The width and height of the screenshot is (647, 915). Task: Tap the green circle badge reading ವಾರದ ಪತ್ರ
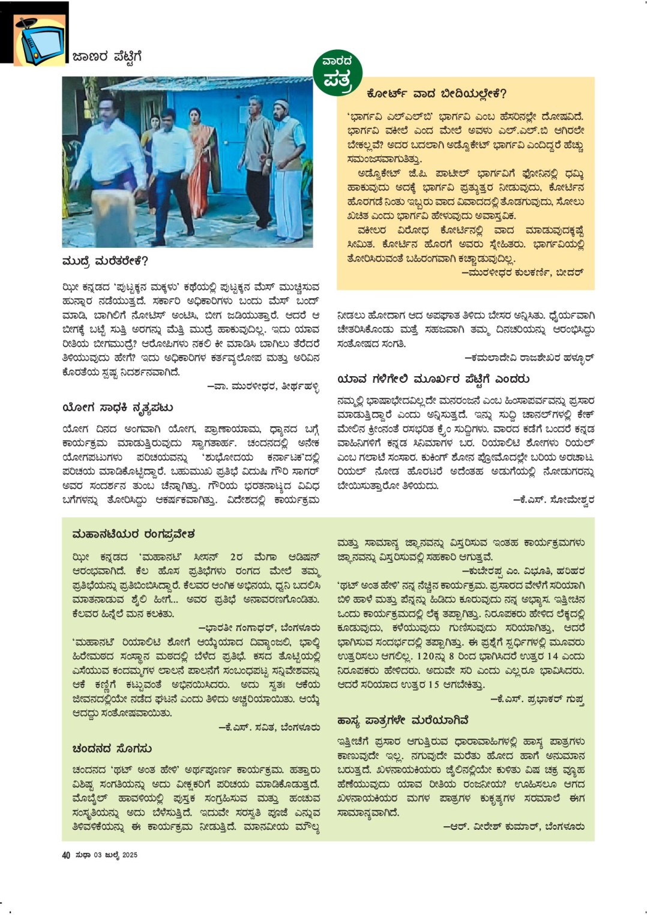pos(337,73)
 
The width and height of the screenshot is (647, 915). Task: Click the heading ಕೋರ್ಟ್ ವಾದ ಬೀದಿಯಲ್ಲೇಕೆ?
pos(436,94)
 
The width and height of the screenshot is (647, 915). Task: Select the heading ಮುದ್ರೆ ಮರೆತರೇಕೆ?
pos(105,262)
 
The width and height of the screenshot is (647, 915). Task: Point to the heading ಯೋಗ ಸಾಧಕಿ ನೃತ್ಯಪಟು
pos(118,408)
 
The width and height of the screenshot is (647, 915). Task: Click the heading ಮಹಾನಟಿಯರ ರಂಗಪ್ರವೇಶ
pos(133,535)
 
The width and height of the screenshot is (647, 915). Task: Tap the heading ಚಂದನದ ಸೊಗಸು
pos(112,749)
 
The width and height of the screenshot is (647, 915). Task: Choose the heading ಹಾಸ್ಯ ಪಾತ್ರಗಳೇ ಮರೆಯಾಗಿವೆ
pos(403,720)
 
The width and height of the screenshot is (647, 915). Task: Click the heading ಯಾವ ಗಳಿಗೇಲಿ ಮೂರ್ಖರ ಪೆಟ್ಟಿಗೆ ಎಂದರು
pos(433,379)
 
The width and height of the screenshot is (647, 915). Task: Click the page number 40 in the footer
pos(66,855)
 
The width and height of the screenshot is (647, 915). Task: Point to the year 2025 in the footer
pos(130,855)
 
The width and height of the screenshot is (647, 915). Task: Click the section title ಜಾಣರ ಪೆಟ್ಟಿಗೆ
pos(107,57)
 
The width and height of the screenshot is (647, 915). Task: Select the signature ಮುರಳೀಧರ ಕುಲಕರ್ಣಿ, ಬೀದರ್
pos(522,272)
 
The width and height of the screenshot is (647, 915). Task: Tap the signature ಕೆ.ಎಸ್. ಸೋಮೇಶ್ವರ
pos(553,499)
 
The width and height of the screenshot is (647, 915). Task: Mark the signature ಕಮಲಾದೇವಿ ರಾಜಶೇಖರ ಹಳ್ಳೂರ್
pos(529,358)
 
